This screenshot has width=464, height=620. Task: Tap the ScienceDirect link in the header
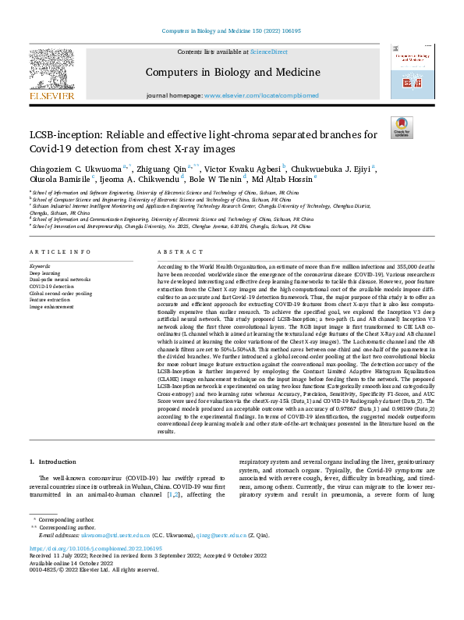pos(268,52)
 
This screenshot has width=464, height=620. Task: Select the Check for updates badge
pos(401,127)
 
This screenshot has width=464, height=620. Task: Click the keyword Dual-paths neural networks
pos(60,279)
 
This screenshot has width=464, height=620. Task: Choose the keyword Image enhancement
pos(53,307)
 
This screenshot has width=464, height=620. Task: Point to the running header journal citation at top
pos(232,31)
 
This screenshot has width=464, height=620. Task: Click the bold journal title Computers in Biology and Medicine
pos(232,73)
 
